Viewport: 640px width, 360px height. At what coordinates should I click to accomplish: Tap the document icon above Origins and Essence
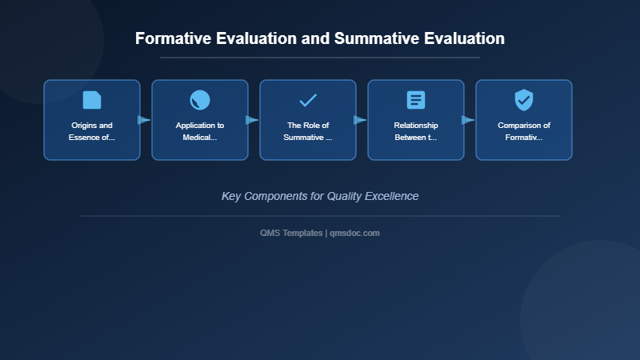pos(92,100)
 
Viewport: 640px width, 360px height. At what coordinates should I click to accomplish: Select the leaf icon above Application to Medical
pos(200,100)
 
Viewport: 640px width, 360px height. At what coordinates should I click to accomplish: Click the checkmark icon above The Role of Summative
pos(308,100)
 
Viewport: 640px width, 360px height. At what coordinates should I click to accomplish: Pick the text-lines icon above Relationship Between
pos(416,100)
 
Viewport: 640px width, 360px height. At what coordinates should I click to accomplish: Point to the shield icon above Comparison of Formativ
pos(524,100)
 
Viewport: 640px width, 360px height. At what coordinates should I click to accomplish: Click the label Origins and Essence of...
pos(92,131)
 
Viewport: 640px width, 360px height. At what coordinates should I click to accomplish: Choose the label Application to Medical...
pos(200,131)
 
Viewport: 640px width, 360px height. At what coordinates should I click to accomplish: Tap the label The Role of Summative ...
pos(308,131)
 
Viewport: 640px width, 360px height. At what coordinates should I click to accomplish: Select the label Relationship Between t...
pos(416,131)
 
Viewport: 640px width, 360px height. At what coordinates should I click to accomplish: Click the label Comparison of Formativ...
pos(524,131)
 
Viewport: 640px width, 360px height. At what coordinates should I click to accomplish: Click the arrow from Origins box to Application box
pos(145,120)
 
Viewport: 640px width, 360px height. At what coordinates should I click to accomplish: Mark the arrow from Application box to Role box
pos(253,120)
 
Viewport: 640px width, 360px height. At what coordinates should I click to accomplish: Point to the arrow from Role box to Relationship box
pos(361,120)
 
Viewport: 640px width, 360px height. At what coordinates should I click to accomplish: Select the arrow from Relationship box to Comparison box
pos(469,120)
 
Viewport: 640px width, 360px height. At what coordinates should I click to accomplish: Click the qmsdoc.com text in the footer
pos(354,233)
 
